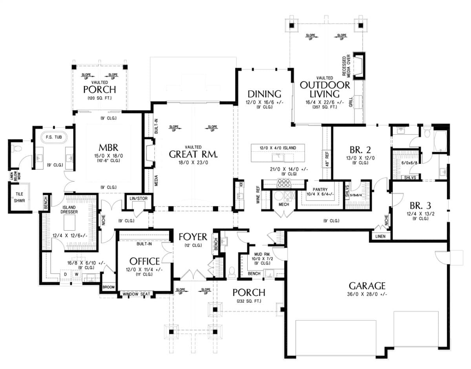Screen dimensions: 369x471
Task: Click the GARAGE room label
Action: [x=367, y=286]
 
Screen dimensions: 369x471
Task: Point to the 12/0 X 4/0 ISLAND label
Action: [x=279, y=148]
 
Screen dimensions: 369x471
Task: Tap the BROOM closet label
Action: [x=109, y=287]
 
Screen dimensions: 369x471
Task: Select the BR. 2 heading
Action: [x=360, y=149]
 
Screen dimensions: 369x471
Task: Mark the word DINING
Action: [x=265, y=94]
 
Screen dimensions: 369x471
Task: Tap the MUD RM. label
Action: [x=256, y=255]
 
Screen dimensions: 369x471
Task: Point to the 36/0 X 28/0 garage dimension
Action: [x=367, y=295]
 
